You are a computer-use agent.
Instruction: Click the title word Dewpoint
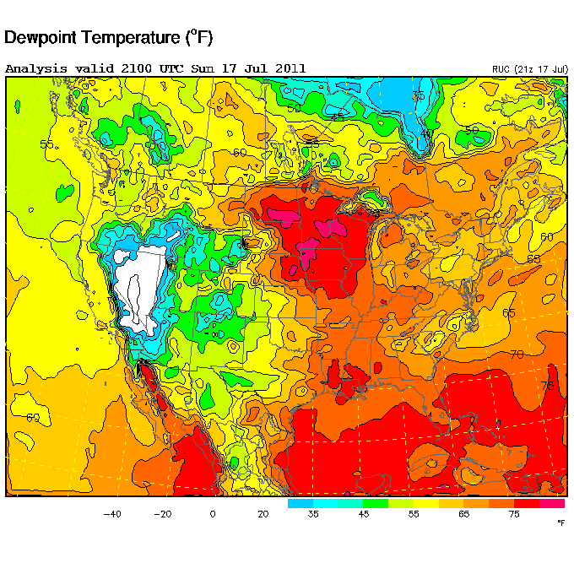(x=43, y=38)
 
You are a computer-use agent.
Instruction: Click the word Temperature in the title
(x=135, y=38)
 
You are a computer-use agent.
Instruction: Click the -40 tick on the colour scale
(x=111, y=514)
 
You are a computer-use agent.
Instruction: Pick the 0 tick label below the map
(x=213, y=514)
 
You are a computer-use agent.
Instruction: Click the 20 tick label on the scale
(x=263, y=514)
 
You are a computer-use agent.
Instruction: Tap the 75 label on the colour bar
(x=515, y=514)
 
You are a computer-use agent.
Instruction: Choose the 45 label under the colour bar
(x=364, y=514)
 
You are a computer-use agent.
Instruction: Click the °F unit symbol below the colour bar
(x=560, y=523)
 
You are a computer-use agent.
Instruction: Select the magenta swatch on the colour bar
(x=552, y=503)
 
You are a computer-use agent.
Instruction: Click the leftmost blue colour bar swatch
(x=300, y=503)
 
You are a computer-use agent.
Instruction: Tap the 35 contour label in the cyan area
(x=418, y=96)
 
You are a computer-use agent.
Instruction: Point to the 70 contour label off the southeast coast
(x=517, y=353)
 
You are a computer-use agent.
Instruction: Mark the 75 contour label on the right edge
(x=547, y=385)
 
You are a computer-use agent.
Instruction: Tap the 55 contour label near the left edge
(x=46, y=144)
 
